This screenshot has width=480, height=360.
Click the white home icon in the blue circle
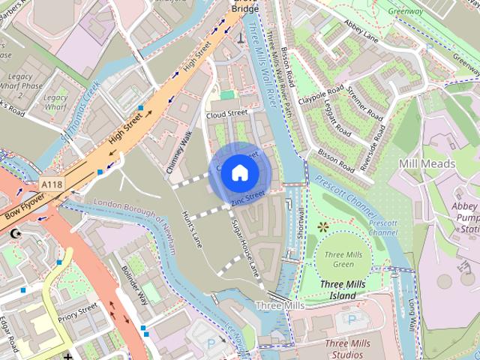pos(239,172)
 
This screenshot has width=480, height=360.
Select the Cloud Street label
pos(226,114)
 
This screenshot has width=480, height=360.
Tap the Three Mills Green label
pos(334,259)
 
